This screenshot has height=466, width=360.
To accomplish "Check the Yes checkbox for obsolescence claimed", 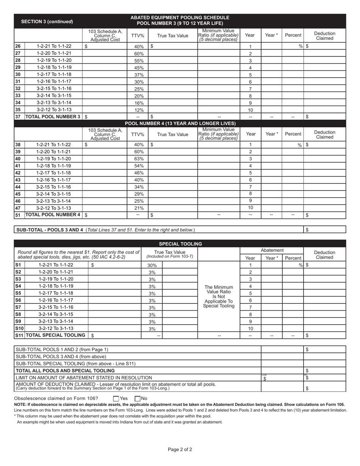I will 116,399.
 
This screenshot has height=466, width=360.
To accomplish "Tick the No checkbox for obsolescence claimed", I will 138,399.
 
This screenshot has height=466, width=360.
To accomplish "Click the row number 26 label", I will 17,46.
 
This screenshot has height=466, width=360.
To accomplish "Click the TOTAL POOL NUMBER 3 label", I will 53,117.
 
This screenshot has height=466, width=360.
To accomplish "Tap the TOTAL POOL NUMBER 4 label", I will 53,215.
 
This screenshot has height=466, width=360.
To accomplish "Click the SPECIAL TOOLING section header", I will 180,244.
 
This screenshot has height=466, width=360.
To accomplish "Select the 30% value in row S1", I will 152,266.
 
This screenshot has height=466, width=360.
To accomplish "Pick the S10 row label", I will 19,328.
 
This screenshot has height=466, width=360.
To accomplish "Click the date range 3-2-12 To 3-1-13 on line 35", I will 53,109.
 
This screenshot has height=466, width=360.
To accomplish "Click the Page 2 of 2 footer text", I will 180,450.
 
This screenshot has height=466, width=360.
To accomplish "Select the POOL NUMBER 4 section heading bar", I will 180,124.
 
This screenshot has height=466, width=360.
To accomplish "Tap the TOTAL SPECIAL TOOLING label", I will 55,335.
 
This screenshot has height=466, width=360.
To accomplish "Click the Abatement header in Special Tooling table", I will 272,250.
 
